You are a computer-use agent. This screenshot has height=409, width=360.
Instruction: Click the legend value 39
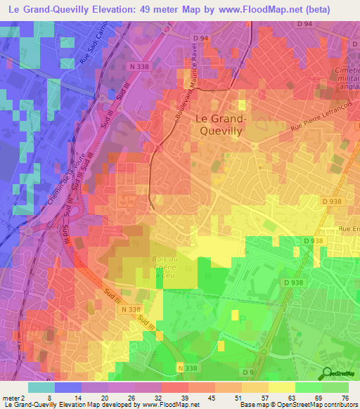click(173, 398)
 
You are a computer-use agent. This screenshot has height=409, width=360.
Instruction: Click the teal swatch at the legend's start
click(41, 388)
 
